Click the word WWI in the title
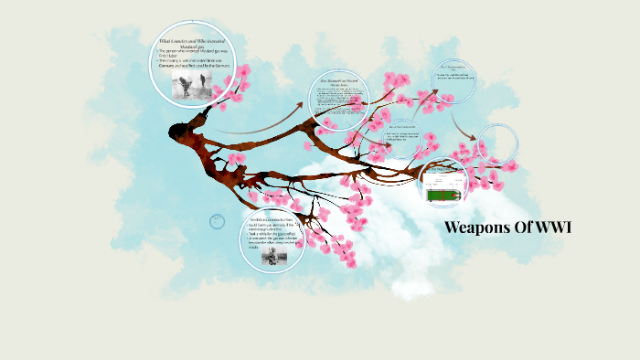click(551, 228)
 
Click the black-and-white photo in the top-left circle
click(194, 84)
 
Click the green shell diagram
click(445, 193)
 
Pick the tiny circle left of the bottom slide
click(217, 220)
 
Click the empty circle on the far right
click(498, 143)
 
